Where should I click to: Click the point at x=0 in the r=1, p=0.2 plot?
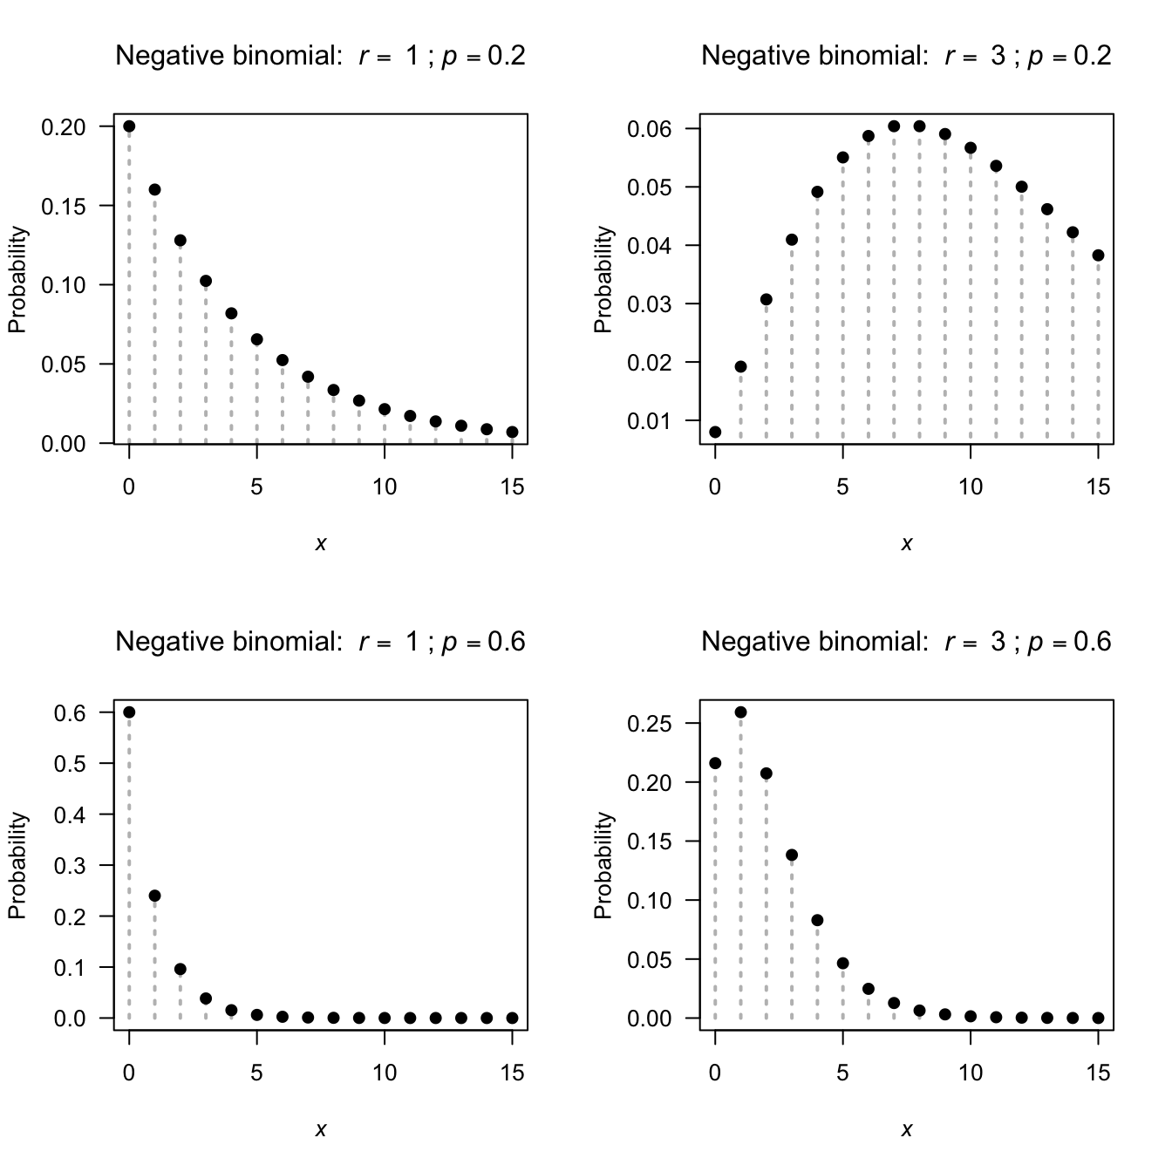[129, 126]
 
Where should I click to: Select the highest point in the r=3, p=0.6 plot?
[740, 712]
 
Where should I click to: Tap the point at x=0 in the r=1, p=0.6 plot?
[129, 712]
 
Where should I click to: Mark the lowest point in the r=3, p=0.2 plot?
[715, 432]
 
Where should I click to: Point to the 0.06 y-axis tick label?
[650, 129]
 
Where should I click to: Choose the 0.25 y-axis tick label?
[650, 724]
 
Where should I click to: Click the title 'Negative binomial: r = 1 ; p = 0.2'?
[320, 56]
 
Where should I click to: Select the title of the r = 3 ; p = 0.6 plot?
[906, 642]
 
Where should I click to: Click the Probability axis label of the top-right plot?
[603, 279]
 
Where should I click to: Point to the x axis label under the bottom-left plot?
[320, 1130]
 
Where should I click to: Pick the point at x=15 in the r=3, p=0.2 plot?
[1098, 256]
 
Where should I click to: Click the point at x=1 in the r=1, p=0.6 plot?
[154, 896]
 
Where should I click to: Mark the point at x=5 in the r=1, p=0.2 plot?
[256, 339]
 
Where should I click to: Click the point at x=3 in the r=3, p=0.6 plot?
[792, 855]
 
